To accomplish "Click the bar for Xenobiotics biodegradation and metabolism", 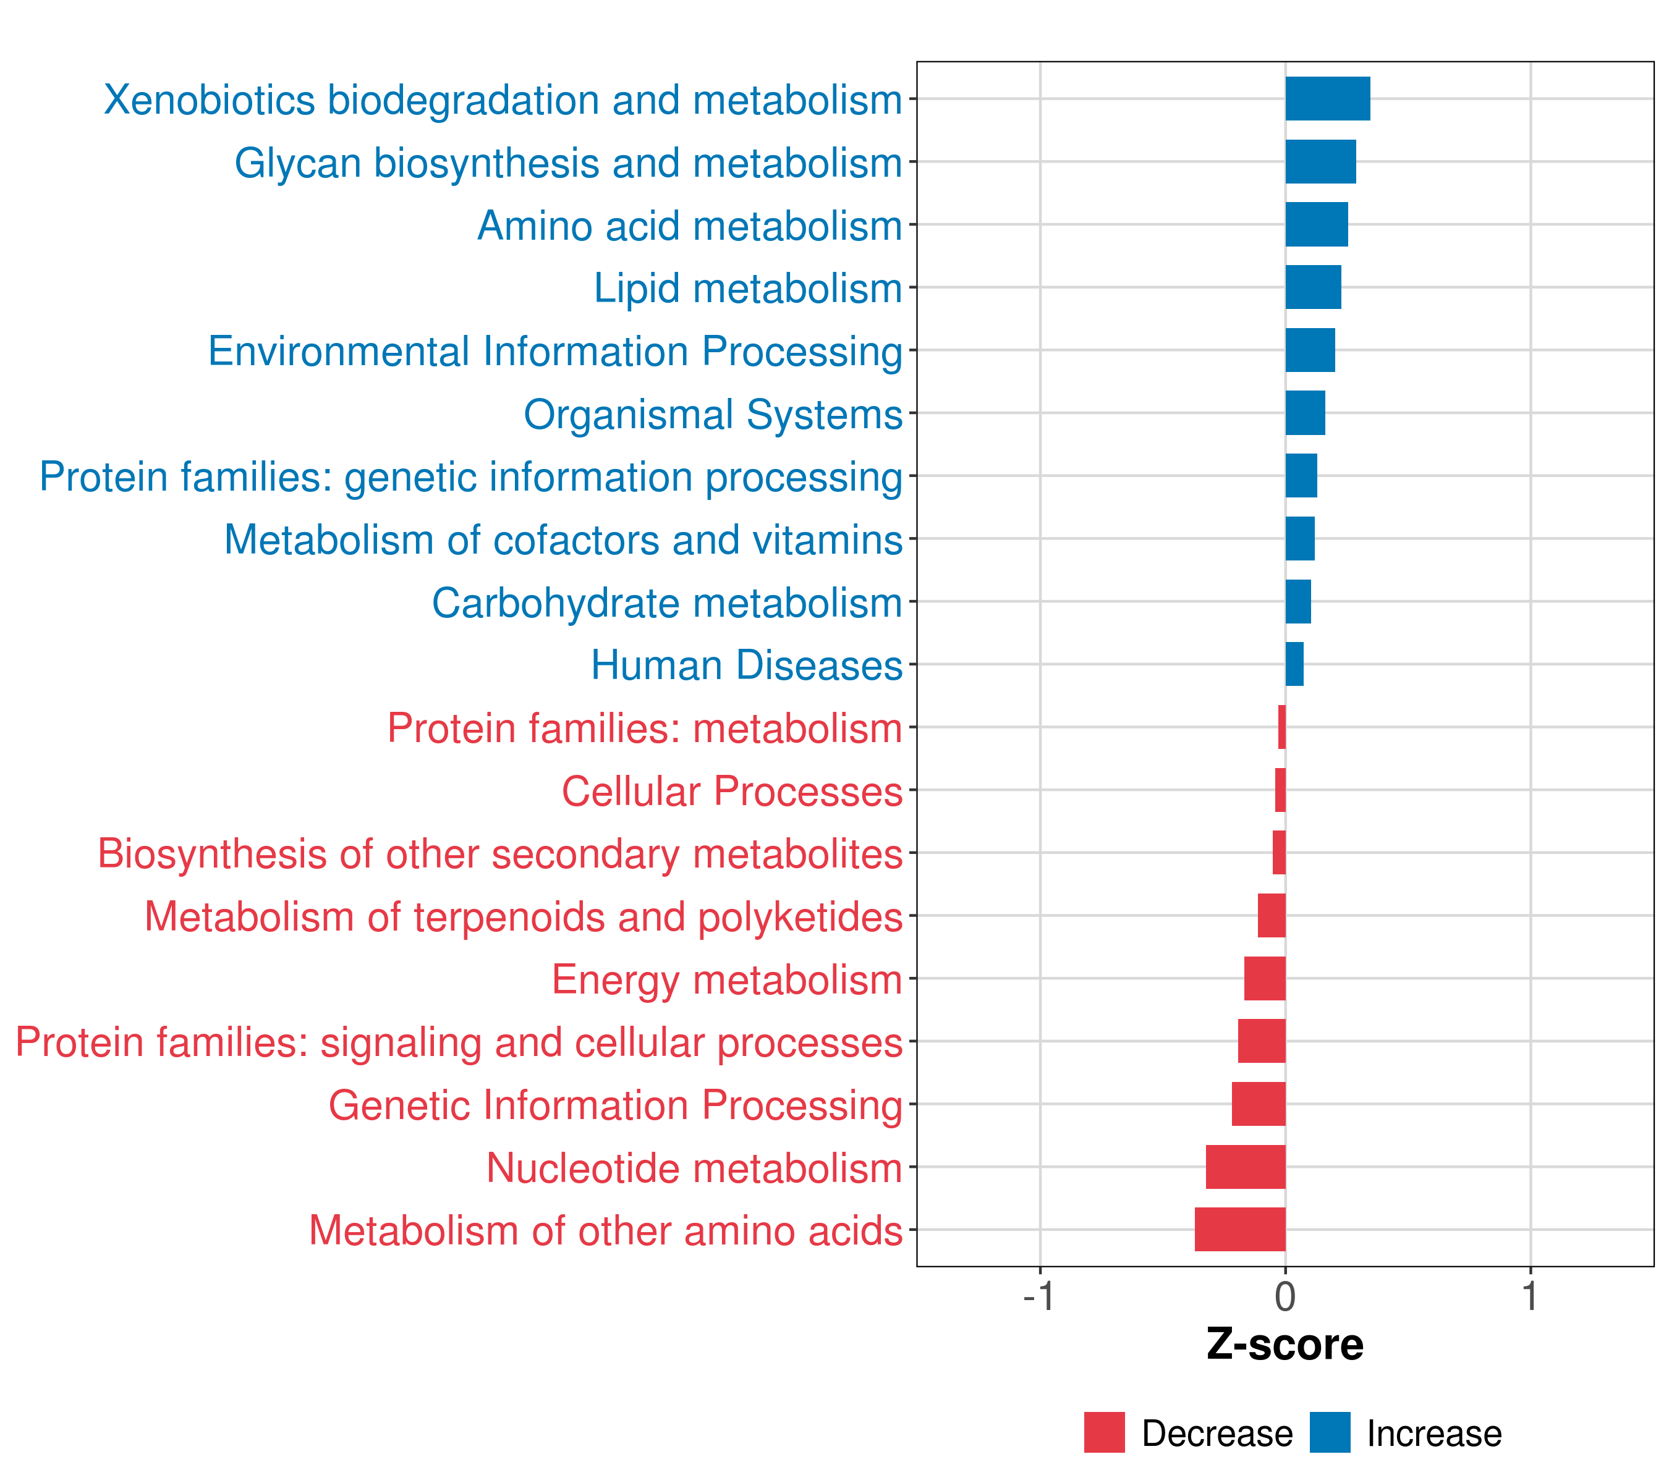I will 1327,99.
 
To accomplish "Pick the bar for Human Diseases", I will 1294,664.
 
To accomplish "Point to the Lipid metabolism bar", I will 1313,287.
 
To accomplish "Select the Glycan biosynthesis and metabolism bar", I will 1320,162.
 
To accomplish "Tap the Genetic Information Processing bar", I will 1259,1104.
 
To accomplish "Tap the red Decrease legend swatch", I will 1104,1432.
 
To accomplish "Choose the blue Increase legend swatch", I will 1329,1432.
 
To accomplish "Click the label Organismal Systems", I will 713,415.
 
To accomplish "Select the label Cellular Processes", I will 732,791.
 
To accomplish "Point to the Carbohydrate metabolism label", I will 666,603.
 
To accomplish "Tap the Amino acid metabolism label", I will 689,226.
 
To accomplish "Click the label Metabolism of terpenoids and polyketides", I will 524,916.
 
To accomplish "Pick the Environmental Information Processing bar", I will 1310,350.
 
